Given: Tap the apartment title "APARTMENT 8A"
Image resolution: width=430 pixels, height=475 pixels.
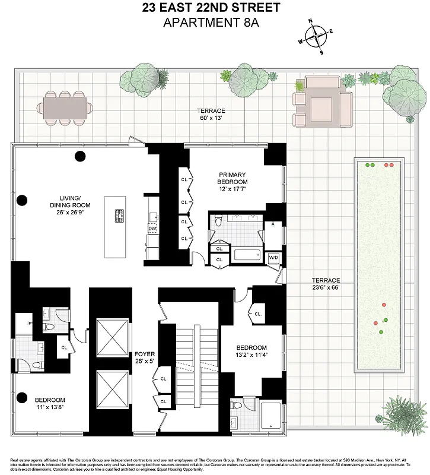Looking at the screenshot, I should pos(215,23).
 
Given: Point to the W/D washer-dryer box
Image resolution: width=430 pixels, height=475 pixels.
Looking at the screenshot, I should pos(273,258).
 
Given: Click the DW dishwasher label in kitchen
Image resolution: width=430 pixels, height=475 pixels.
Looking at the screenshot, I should pos(152,228).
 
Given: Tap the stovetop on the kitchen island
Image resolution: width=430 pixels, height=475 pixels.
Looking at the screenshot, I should pos(119,217).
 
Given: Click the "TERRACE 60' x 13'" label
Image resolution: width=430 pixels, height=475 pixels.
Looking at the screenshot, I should pos(212,115).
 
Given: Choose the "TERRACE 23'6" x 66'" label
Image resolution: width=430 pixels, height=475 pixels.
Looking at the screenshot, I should pos(327,284).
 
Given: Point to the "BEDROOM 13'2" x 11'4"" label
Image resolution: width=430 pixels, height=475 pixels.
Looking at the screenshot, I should pos(251,351).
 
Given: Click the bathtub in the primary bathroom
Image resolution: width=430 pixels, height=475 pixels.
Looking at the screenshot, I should pos(247,255).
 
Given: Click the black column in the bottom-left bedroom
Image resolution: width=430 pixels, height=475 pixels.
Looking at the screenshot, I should pos(22,398).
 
